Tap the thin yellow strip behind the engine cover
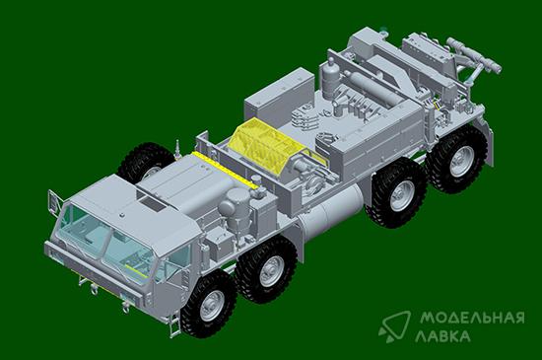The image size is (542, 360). (225, 170)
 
